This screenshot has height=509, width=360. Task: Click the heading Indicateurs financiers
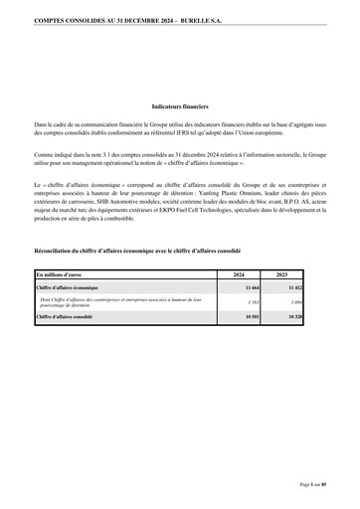tap(180, 104)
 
